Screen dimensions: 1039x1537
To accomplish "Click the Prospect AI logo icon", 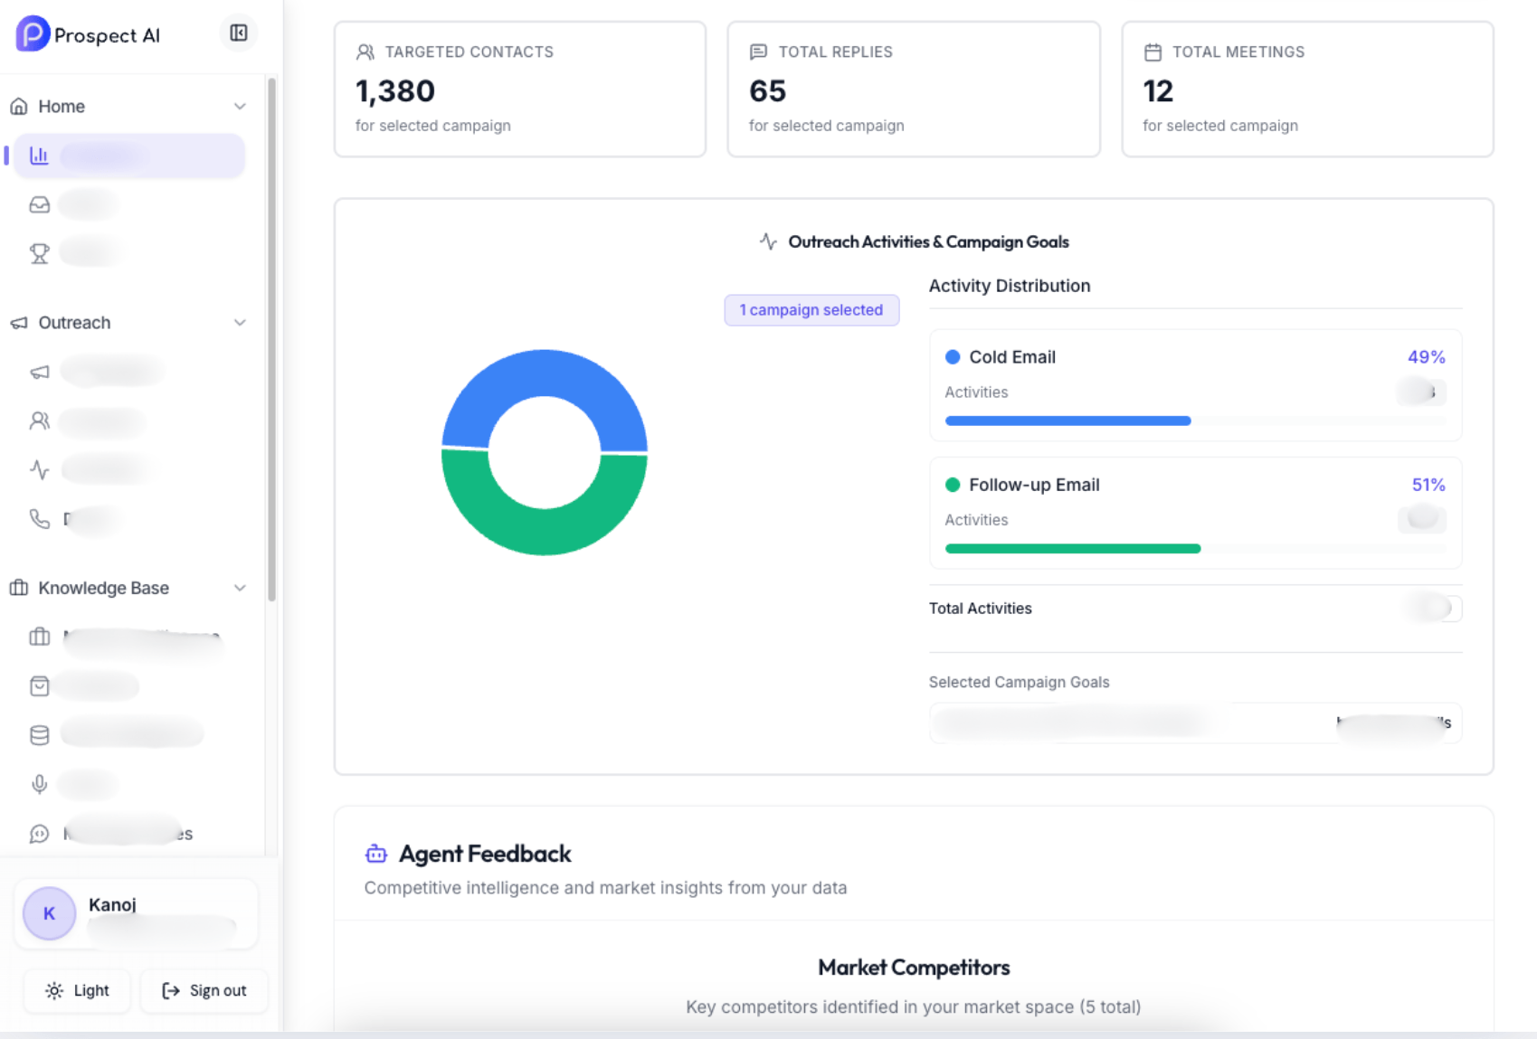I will pyautogui.click(x=33, y=34).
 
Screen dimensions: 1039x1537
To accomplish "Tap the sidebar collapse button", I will pyautogui.click(x=239, y=33).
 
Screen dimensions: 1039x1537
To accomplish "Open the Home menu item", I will pyautogui.click(x=62, y=107).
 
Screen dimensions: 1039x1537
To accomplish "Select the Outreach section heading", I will pyautogui.click(x=74, y=323).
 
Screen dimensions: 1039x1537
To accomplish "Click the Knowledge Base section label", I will pyautogui.click(x=103, y=588).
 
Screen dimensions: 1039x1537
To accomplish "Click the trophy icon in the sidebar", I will pyautogui.click(x=39, y=253).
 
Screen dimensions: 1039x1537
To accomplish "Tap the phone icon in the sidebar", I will pyautogui.click(x=39, y=518).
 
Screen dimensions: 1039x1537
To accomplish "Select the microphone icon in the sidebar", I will pyautogui.click(x=39, y=784).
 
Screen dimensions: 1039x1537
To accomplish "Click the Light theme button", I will pyautogui.click(x=78, y=990).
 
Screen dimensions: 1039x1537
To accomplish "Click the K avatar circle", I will pyautogui.click(x=49, y=913).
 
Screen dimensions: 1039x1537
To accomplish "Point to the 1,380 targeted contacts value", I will pyautogui.click(x=395, y=91).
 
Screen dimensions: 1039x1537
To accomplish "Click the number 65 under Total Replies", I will pyautogui.click(x=767, y=91).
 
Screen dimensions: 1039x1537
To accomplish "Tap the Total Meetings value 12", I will pyautogui.click(x=1158, y=91).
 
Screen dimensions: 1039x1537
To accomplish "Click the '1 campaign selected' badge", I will pyautogui.click(x=811, y=310).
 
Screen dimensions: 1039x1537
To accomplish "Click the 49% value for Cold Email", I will pyautogui.click(x=1426, y=357).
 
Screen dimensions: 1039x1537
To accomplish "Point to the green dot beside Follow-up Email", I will pyautogui.click(x=953, y=485).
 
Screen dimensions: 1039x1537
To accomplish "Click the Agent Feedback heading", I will pyautogui.click(x=485, y=854).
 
